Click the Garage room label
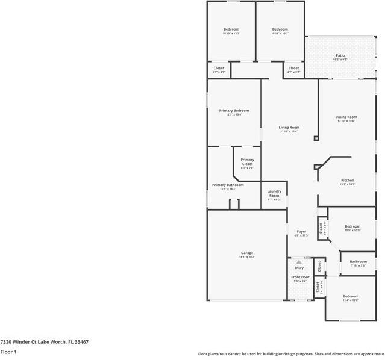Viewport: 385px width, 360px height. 247,253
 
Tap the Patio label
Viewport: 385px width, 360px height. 340,55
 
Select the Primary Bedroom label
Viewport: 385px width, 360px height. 234,111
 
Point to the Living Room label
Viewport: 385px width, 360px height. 289,127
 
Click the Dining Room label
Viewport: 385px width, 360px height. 346,117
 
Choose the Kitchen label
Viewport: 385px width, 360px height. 348,181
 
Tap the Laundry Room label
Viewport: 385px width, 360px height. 274,194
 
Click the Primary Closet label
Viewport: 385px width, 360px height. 247,162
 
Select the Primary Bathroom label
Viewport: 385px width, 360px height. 228,185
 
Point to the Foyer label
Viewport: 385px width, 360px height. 301,232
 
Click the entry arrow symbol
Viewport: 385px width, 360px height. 299,262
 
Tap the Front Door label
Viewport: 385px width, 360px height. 299,277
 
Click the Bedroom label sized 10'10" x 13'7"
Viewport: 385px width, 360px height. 231,29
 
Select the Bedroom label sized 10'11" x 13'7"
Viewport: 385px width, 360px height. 280,29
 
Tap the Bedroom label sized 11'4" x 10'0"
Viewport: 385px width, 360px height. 351,296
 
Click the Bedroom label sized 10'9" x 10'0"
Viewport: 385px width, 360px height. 352,226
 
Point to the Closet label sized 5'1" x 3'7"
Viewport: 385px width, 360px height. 219,68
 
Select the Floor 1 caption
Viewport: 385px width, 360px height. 8,352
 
